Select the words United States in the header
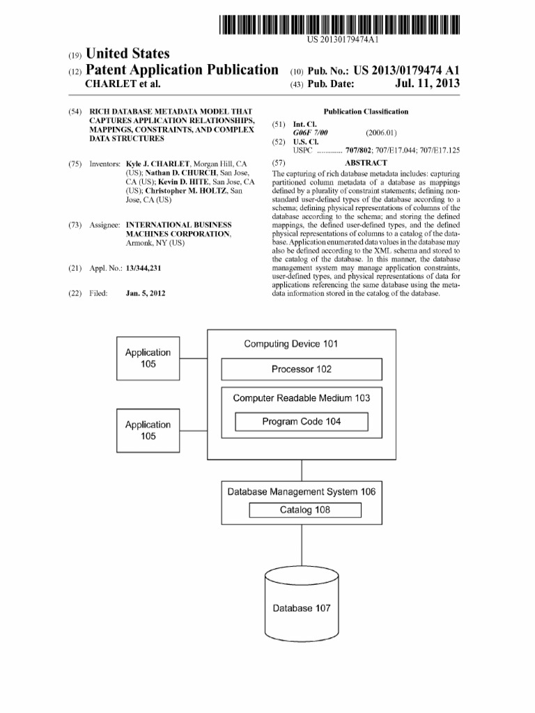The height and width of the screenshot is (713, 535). coord(127,54)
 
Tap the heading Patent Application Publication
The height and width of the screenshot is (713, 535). coord(181,70)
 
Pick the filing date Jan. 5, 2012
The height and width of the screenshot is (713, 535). coord(146,293)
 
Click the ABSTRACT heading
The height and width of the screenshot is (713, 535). coord(366,162)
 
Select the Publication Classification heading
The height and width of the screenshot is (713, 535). coord(366,111)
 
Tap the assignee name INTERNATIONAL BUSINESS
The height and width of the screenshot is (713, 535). coord(178,225)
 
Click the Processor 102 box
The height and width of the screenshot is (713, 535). coord(302,369)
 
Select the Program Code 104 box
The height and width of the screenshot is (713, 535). coord(302,422)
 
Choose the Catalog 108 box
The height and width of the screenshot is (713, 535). coord(305,510)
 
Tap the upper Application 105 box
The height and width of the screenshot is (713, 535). coord(148,359)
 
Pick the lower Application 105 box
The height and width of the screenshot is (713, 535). coord(148,430)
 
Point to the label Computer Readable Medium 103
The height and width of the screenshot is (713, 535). coord(302,398)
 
